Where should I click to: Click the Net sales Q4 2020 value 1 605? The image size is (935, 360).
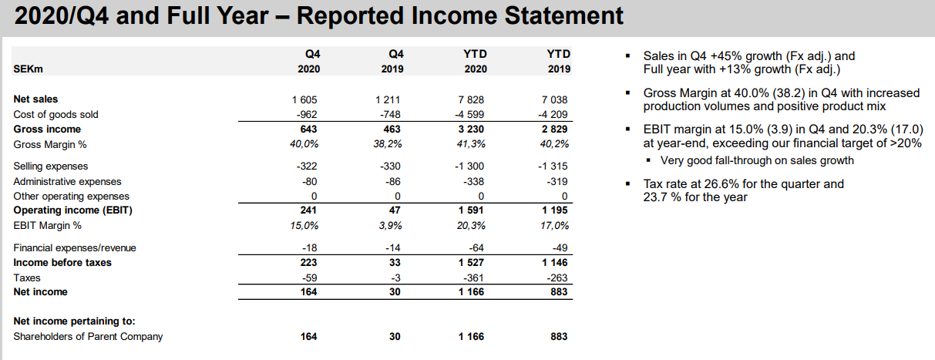pyautogui.click(x=304, y=99)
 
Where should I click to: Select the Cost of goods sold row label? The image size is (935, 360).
pyautogui.click(x=55, y=114)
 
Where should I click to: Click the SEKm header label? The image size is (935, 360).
pyautogui.click(x=28, y=69)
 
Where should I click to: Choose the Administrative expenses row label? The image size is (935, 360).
pyautogui.click(x=67, y=182)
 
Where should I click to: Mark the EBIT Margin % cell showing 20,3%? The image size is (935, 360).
pyautogui.click(x=471, y=226)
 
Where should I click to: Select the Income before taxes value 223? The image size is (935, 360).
pyautogui.click(x=308, y=263)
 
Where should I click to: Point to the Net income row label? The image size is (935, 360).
pyautogui.click(x=40, y=292)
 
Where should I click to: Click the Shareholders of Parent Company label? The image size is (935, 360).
pyautogui.click(x=88, y=337)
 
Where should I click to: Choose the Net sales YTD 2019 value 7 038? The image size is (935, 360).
pyautogui.click(x=555, y=99)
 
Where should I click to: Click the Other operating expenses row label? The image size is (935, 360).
pyautogui.click(x=72, y=197)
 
